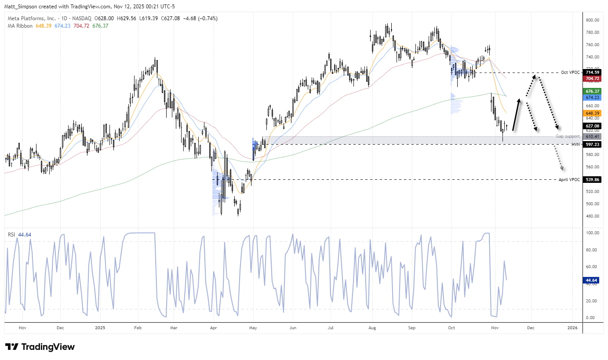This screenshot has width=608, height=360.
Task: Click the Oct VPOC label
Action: coord(571,72)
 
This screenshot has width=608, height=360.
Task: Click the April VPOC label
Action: coord(570,180)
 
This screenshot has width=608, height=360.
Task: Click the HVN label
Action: coord(576,144)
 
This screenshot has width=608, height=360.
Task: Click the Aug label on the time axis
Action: coord(372,328)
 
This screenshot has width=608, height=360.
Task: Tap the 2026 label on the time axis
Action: coord(572,328)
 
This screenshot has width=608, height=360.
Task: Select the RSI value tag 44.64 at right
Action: coord(591,280)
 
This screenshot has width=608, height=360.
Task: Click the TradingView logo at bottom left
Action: coord(40,347)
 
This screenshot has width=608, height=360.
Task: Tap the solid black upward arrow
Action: coord(517,115)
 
